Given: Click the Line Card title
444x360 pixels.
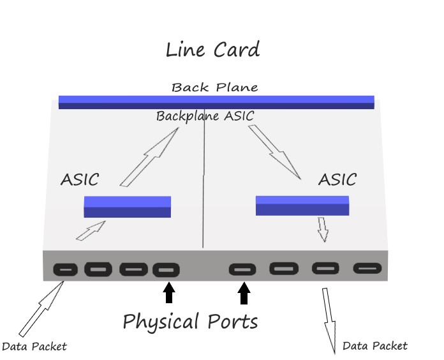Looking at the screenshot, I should pos(212,50).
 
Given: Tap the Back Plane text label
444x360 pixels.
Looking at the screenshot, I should pos(214,87).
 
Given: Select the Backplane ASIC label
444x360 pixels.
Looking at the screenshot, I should pos(205,116).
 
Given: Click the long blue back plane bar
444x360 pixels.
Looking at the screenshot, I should pos(216,101).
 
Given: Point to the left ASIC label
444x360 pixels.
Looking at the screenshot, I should pos(80,179).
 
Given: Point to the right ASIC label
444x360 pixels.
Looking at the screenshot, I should pos(337,179).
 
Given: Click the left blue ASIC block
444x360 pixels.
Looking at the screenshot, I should pos(128,206).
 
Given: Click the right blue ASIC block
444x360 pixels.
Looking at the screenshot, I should pos(302,205).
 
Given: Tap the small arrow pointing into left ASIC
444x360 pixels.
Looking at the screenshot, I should pos(91,231).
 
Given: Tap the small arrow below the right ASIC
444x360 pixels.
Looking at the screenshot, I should pos(323,229).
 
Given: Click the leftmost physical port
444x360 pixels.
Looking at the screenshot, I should pos(65,269).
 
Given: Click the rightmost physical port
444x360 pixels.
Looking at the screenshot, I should pos(367,269).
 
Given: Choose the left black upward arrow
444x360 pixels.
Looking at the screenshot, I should pos(168,293).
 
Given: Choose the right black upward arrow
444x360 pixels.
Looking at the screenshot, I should pos(244,293).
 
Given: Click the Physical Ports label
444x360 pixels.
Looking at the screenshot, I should pos(190,321).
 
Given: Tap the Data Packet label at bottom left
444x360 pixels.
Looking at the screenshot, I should pos(34,347).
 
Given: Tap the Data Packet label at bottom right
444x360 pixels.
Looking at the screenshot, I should pos(374,346).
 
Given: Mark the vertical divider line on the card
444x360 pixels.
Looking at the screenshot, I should pos(204,185).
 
